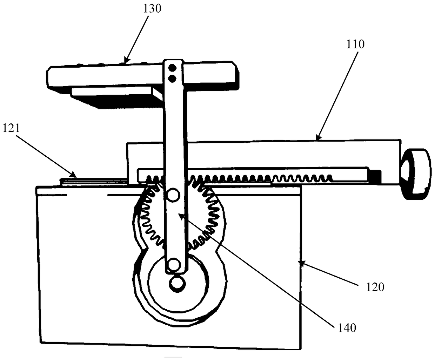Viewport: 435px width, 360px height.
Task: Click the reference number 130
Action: coord(152,9)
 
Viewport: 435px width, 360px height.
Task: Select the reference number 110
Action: coord(355,45)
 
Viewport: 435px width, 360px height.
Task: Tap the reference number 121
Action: coord(12,128)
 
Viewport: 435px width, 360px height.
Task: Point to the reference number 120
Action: coord(375,287)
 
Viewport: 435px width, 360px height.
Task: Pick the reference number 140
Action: coord(347,328)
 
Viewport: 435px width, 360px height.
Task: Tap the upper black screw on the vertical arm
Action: coord(173,68)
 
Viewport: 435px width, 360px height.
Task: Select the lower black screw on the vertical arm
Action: coord(173,79)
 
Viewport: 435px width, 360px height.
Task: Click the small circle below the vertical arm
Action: coord(178,283)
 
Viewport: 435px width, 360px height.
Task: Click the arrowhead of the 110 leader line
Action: coord(318,137)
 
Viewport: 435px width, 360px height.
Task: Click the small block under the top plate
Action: coord(117,97)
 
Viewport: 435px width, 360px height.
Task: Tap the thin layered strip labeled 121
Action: coord(94,181)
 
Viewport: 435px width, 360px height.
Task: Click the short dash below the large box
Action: coord(173,357)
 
